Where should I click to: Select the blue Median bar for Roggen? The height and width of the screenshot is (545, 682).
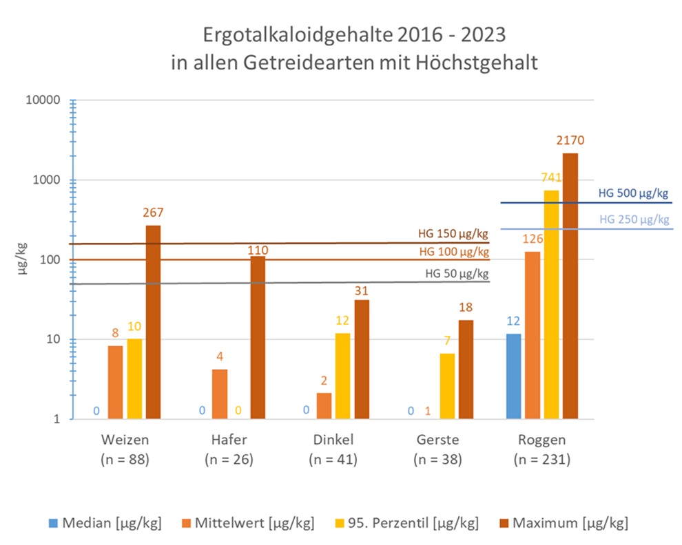pos(513,376)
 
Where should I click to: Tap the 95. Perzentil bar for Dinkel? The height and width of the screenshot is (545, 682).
pos(342,376)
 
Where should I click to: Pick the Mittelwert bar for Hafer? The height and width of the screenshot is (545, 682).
pos(220,394)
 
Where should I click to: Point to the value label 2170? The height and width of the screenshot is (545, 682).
pos(570,140)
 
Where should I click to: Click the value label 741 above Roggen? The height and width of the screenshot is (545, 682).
pos(551,178)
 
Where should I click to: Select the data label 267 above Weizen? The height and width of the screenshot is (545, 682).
pos(153,213)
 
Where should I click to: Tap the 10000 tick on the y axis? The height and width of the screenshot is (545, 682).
pos(48,100)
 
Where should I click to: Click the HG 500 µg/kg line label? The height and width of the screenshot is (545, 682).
pos(633,193)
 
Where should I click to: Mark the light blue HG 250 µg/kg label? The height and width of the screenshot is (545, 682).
pos(634,220)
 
